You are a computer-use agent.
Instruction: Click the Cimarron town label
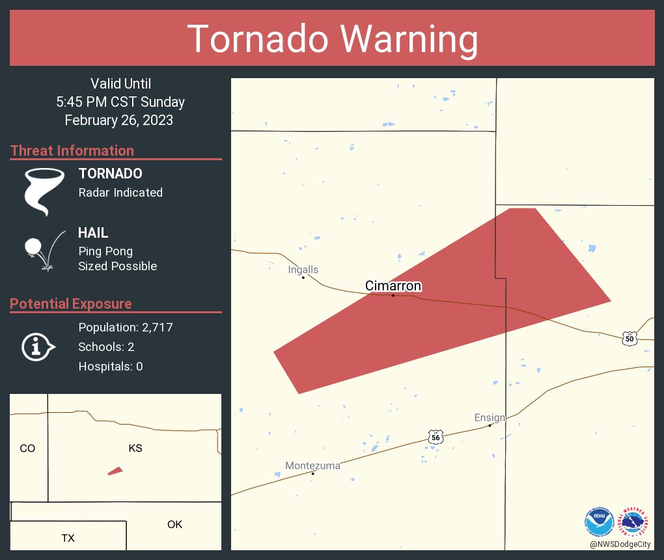[393, 286]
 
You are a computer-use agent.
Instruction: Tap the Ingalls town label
[303, 270]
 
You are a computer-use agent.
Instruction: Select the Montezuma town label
[312, 466]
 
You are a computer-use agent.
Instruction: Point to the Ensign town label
[490, 417]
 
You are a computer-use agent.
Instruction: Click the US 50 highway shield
[629, 339]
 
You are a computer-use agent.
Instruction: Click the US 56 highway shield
[436, 438]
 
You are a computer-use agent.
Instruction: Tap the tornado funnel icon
[44, 191]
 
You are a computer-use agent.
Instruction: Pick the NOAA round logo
[600, 522]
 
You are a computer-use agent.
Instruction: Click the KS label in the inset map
[135, 448]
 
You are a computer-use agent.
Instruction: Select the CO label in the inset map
[27, 448]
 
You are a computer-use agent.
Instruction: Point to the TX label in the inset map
[68, 538]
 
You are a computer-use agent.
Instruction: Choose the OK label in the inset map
[174, 524]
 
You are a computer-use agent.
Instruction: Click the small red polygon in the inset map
[115, 471]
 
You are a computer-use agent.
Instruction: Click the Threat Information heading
[72, 150]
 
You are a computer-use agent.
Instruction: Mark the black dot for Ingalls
[303, 277]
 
